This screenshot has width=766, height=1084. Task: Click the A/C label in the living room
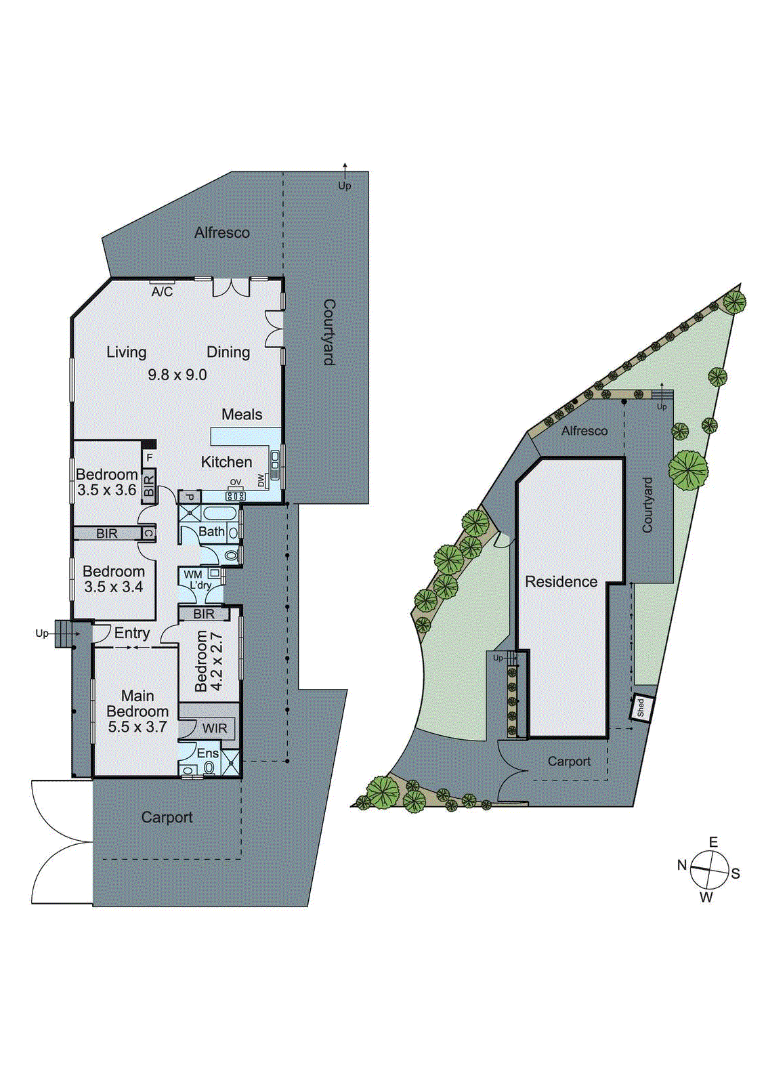162,292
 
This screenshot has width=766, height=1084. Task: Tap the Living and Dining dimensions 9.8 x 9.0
177,375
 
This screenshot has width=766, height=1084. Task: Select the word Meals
242,415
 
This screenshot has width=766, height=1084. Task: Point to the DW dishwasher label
261,480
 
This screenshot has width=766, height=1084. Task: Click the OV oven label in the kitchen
236,482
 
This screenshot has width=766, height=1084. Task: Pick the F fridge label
150,458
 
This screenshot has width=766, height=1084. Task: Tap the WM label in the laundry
193,575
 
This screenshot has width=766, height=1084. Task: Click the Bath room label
211,532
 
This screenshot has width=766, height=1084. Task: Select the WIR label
215,728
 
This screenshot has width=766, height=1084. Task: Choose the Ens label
208,753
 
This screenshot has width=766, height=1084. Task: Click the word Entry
132,633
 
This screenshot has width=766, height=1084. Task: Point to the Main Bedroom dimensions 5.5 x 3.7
137,727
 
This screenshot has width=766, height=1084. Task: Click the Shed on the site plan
641,708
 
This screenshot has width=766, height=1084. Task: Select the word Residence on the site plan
561,582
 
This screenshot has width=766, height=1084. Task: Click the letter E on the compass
713,842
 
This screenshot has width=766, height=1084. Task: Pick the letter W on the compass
706,898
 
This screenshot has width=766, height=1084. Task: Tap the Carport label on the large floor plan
167,817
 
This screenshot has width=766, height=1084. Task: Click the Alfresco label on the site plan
584,431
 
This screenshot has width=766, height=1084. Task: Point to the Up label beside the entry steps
42,634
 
